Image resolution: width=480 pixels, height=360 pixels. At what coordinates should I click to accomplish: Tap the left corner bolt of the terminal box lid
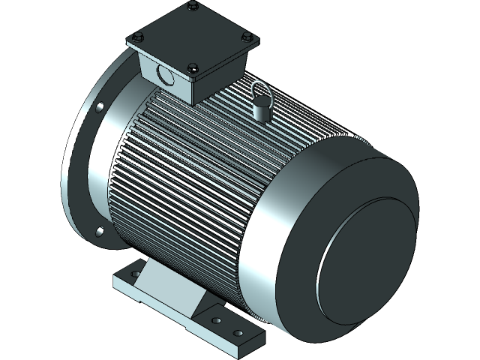(x=136, y=37)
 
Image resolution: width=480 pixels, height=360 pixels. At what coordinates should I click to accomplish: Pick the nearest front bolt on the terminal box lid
(x=193, y=67)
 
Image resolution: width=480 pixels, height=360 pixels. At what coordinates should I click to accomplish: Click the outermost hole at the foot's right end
(x=238, y=332)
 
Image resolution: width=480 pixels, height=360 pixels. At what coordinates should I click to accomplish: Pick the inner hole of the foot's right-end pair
(x=217, y=321)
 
